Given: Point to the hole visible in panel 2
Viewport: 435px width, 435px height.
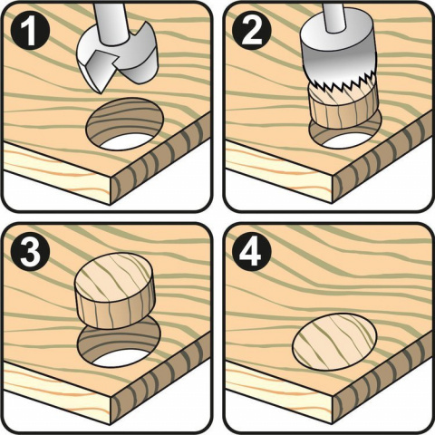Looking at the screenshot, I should point(338,138).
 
